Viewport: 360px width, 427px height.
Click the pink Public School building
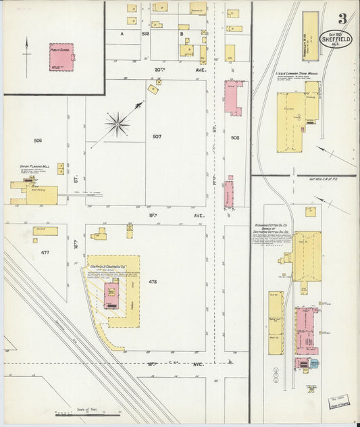tap(61, 57)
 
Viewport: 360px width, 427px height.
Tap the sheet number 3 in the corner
tap(343, 18)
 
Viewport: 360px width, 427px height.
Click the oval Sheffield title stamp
tap(336, 41)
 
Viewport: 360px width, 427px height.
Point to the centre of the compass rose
tap(118, 123)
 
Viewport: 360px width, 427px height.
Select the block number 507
tap(157, 136)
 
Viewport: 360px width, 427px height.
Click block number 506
tap(38, 141)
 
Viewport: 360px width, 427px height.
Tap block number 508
tap(235, 137)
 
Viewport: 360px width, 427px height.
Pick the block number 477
tap(45, 252)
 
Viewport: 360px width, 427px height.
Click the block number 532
tap(145, 33)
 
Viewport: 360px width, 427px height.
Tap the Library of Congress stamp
tap(342, 403)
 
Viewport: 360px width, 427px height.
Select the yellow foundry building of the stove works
tap(290, 122)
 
